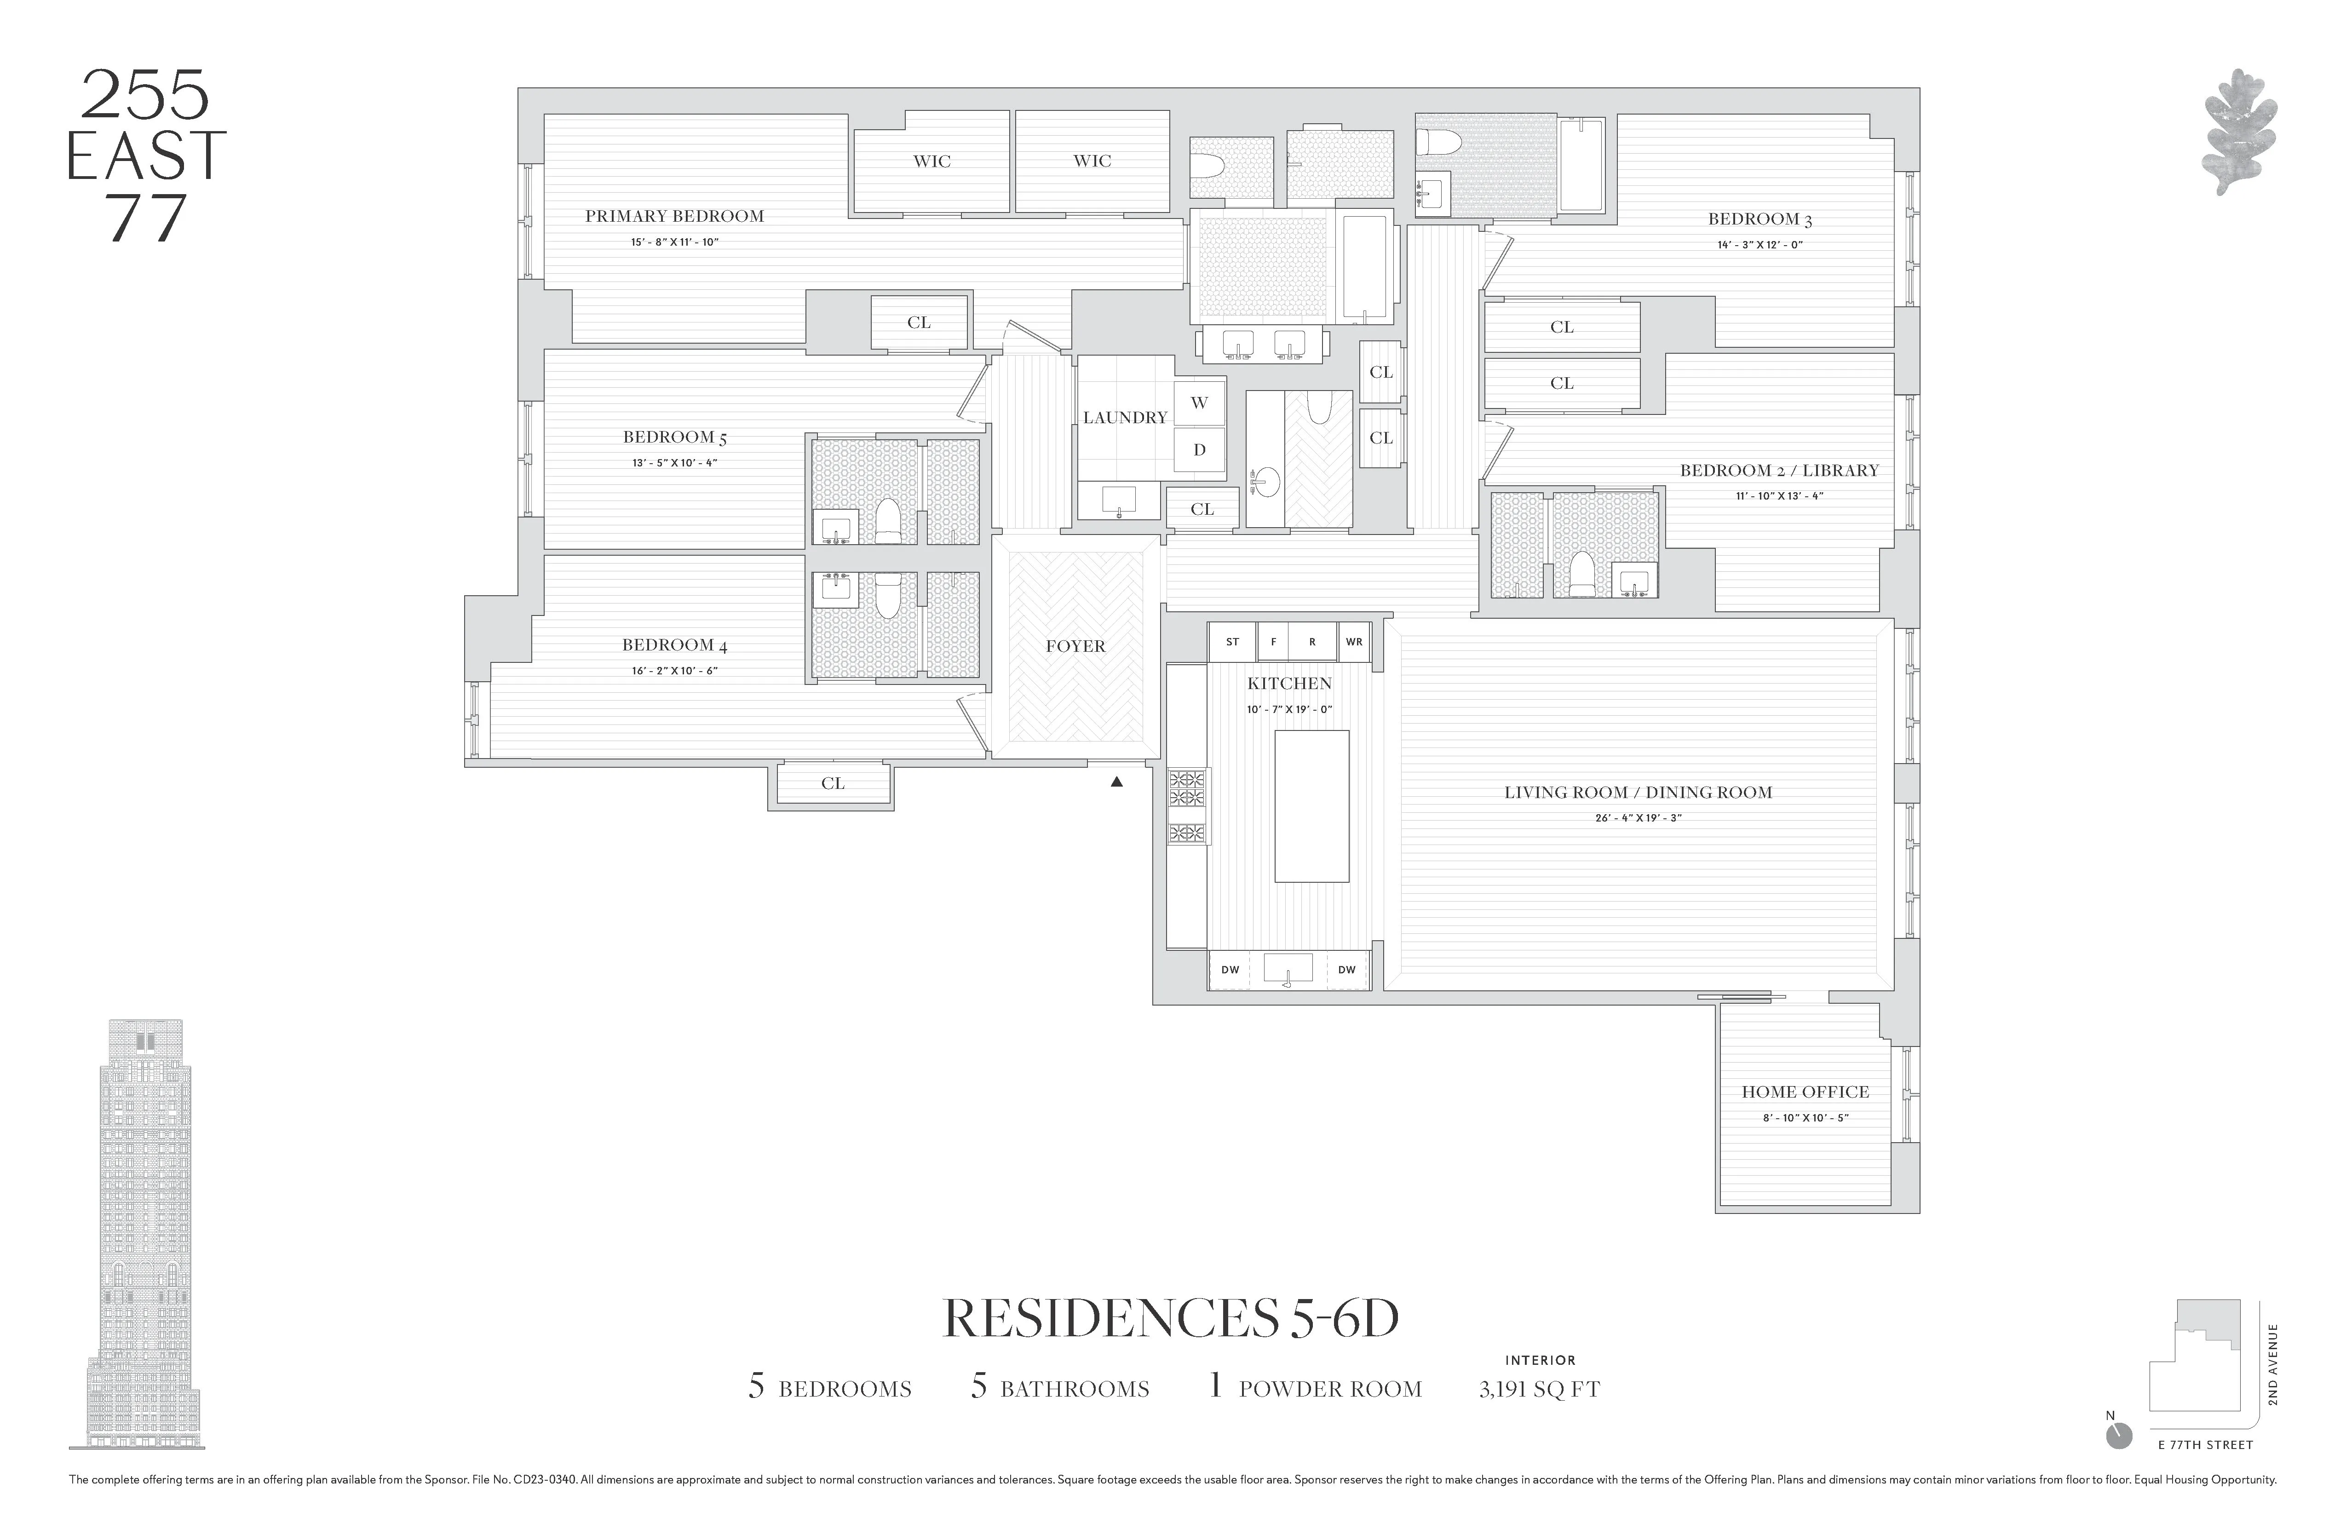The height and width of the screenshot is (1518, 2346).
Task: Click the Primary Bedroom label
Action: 674,216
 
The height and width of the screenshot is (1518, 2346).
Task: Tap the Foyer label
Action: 1075,647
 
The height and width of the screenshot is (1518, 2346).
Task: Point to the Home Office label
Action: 1805,1092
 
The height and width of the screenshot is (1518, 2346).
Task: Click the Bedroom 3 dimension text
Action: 1759,244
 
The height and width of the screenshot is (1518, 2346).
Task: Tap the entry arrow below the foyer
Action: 1117,782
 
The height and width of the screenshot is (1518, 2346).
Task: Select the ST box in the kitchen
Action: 1232,642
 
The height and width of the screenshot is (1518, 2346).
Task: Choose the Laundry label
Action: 1125,418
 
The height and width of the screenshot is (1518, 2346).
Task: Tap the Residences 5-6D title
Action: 1171,1319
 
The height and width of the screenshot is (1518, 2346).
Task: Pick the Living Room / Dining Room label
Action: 1637,793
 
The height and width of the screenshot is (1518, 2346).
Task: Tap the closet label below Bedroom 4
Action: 833,784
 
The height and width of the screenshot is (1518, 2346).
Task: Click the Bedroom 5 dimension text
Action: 674,462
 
